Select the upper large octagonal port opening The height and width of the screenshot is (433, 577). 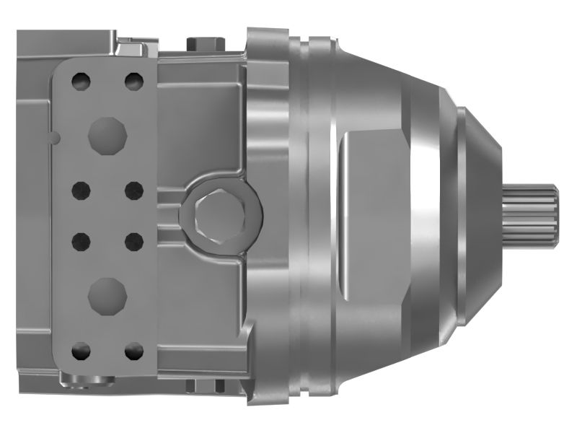pyautogui.click(x=107, y=134)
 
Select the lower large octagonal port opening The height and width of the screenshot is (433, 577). pyautogui.click(x=107, y=294)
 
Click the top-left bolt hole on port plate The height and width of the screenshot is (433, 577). pyautogui.click(x=82, y=79)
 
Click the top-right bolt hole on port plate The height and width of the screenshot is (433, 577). pyautogui.click(x=133, y=79)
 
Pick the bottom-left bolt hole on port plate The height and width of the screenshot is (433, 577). pyautogui.click(x=82, y=351)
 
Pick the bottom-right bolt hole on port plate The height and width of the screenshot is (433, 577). pyautogui.click(x=133, y=351)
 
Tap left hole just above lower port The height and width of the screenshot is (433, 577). pyautogui.click(x=82, y=240)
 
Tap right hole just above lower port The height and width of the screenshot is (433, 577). pyautogui.click(x=133, y=240)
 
